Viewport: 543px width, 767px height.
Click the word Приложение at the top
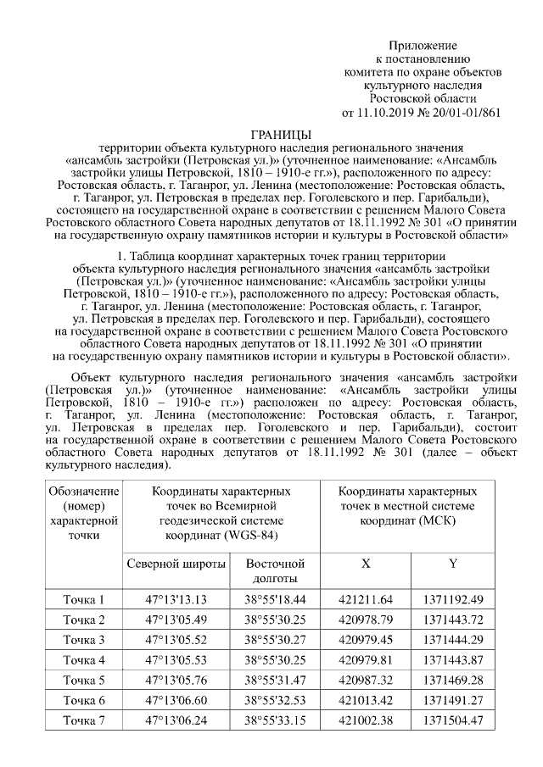pyautogui.click(x=423, y=45)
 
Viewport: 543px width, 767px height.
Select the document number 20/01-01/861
pyautogui.click(x=468, y=112)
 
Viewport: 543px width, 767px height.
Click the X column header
pyautogui.click(x=366, y=564)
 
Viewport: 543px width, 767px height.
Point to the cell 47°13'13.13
pyautogui.click(x=176, y=599)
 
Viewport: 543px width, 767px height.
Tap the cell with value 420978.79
pyautogui.click(x=366, y=620)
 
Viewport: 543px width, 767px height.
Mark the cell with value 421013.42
pyautogui.click(x=366, y=700)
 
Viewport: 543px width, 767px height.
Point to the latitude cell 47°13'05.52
pyautogui.click(x=176, y=640)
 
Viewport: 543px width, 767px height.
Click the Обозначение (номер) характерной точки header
pyautogui.click(x=84, y=514)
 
